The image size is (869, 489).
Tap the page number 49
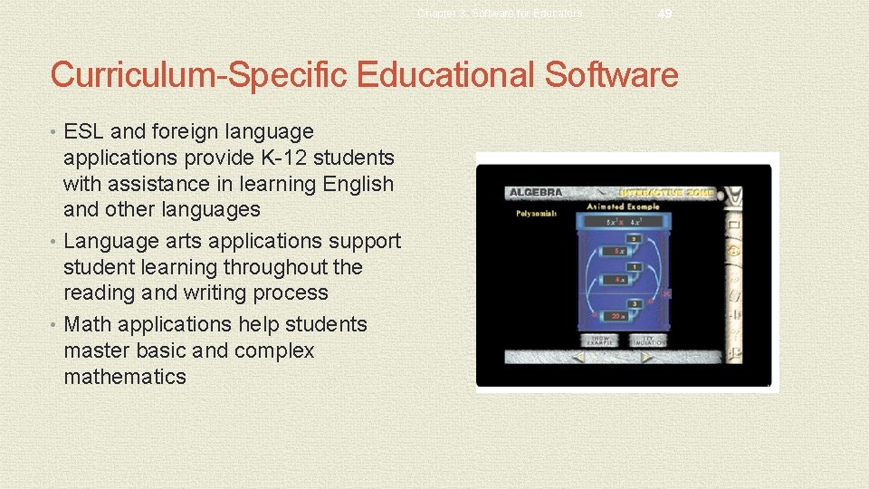[x=665, y=14]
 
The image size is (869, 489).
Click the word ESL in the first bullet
[x=84, y=132]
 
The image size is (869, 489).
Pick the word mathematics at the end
[x=124, y=377]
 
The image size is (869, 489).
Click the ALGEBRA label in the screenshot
[x=536, y=193]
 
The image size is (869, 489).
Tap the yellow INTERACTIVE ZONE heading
[x=665, y=193]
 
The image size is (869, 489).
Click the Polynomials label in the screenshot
[x=536, y=214]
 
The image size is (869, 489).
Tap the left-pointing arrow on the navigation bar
[x=580, y=357]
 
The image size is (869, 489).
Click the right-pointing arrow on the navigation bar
[x=648, y=357]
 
